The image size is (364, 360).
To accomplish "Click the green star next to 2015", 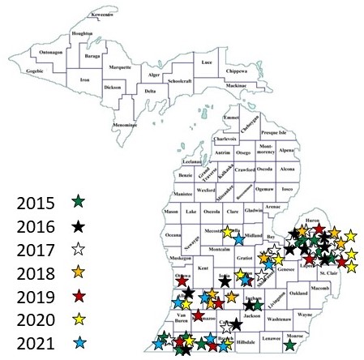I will (78, 199).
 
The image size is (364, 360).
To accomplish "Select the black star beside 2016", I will (78, 225).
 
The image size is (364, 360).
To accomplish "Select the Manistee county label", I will (181, 195).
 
